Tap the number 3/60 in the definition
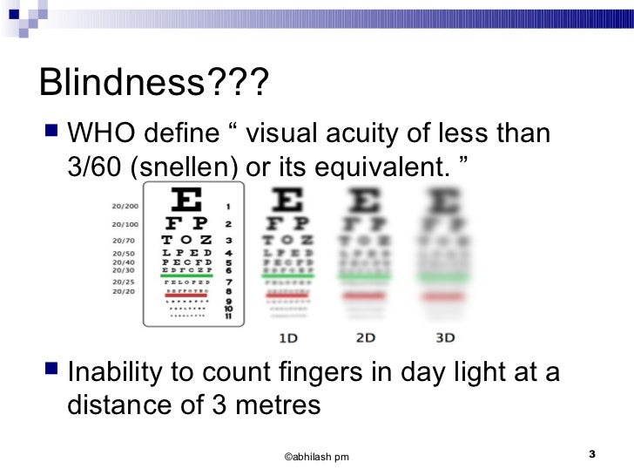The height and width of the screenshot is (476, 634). [x=96, y=166]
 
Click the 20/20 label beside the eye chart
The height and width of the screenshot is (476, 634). [x=123, y=291]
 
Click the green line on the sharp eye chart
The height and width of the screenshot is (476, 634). [x=187, y=275]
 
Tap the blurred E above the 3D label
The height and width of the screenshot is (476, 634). [x=445, y=201]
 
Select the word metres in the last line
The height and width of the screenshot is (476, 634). [x=277, y=405]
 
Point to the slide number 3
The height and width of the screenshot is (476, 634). [x=591, y=454]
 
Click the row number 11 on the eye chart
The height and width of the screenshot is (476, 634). [x=228, y=316]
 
